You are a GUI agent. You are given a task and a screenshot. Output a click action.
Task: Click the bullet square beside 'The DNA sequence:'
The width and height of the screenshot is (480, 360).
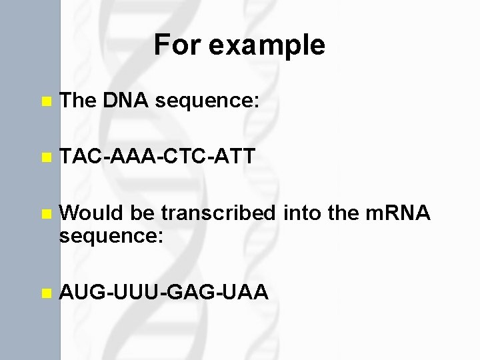pos(45,102)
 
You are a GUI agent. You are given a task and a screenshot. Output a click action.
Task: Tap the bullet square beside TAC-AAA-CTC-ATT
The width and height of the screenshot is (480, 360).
pos(45,158)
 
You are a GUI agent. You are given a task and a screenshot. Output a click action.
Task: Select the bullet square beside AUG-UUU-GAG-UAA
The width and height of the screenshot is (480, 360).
pos(45,292)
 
